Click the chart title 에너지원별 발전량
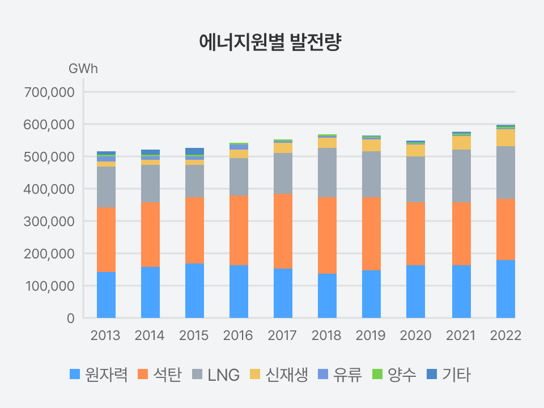coord(271,42)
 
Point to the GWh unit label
coord(83,69)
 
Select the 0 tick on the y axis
coord(71,318)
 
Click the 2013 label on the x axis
coord(106,335)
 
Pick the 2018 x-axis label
coord(327,335)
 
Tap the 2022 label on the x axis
coord(505,335)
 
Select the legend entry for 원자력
coord(102,375)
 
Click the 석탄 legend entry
coord(160,375)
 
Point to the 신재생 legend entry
coord(279,375)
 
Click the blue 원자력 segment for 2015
coord(194,291)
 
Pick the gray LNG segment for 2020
coord(415,179)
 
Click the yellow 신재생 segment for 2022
coord(505,138)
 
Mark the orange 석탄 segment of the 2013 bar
coord(106,239)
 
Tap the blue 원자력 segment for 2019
coord(371,294)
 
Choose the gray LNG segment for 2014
coord(150,184)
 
